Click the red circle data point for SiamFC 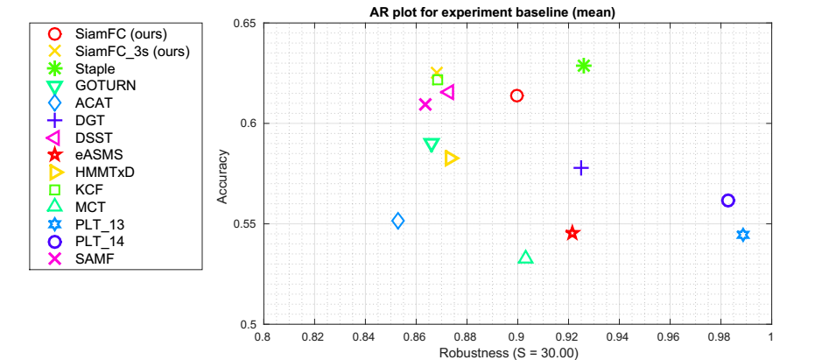click(516, 95)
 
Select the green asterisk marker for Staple click(584, 66)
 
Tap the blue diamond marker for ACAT click(398, 221)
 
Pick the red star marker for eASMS click(573, 233)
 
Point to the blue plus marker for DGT click(580, 167)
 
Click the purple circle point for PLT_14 click(727, 201)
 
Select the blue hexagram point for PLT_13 click(743, 235)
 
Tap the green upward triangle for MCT click(526, 257)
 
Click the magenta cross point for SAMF click(425, 104)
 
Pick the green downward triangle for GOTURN click(431, 145)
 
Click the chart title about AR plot click(517, 11)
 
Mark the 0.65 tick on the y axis click(242, 23)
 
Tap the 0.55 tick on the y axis click(242, 223)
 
